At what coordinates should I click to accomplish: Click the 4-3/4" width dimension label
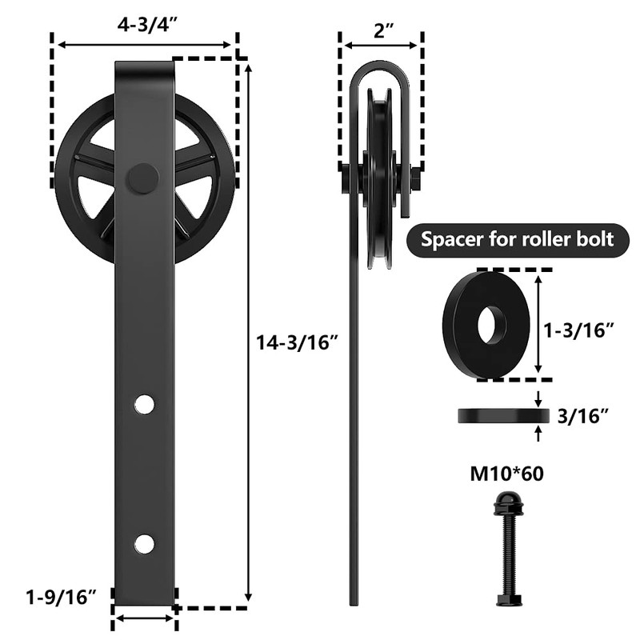(x=146, y=23)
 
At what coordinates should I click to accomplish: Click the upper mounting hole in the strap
(x=144, y=404)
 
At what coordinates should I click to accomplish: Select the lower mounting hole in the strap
(x=144, y=544)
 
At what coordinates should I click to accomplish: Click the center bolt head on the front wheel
(x=142, y=178)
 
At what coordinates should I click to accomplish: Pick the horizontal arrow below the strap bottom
(x=144, y=618)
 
